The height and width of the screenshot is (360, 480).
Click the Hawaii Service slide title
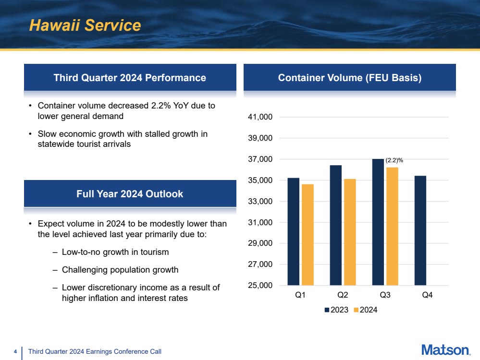tap(85, 25)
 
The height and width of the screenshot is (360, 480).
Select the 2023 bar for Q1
tap(293, 231)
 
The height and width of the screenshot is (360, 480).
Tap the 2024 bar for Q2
tap(350, 232)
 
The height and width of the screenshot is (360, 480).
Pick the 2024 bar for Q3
tap(392, 227)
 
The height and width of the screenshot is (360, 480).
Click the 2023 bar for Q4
tap(420, 230)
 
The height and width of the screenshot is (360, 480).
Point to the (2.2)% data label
tap(394, 160)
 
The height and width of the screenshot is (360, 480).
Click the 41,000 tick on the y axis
tap(260, 117)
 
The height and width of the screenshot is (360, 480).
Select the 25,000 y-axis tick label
tap(260, 286)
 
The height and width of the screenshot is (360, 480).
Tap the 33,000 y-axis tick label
tap(260, 201)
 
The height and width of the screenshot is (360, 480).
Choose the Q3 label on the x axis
tap(385, 295)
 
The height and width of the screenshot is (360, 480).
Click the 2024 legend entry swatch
tap(356, 310)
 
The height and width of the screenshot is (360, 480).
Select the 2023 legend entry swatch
tap(327, 310)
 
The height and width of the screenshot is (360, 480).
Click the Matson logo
tap(446, 350)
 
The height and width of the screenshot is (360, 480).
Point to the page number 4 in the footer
tap(15, 351)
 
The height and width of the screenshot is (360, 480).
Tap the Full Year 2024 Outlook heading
tap(130, 194)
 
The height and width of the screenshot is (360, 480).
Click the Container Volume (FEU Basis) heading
tap(350, 78)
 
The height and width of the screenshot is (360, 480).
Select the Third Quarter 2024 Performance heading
tap(130, 78)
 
